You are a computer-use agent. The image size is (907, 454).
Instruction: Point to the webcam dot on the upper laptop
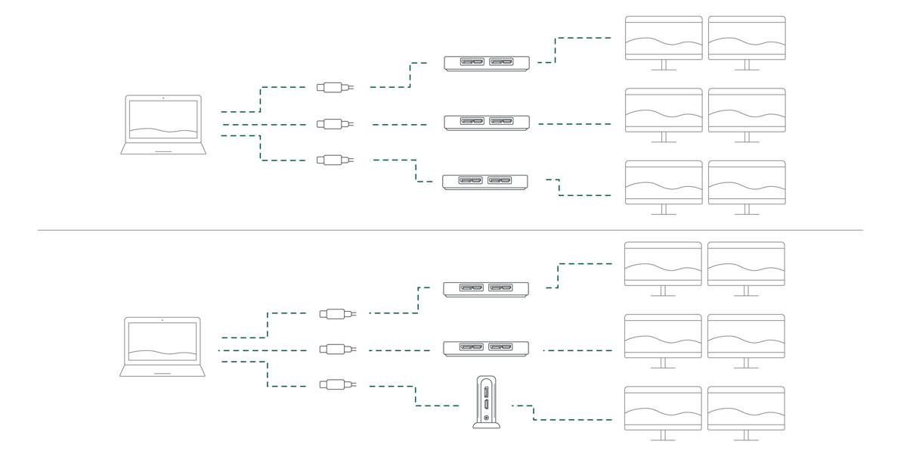click(163, 98)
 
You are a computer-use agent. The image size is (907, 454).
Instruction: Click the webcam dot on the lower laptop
click(162, 320)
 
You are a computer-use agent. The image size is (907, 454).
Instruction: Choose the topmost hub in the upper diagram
click(487, 62)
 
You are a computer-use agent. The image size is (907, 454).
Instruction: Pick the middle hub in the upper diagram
click(487, 122)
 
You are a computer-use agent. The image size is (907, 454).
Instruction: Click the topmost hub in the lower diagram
click(487, 288)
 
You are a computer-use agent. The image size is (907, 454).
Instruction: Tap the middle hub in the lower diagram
click(487, 348)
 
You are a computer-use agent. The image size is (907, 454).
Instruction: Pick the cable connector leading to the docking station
click(333, 384)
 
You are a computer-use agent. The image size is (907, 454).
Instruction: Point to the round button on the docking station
click(486, 418)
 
